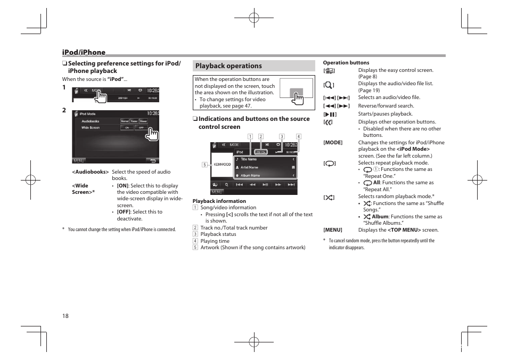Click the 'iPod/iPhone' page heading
(84, 52)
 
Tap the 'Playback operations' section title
(228, 66)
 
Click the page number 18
(65, 316)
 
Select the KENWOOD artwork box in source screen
(222, 165)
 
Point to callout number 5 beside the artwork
(203, 165)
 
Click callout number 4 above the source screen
(298, 136)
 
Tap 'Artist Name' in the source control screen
(249, 167)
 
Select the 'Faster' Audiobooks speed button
(134, 121)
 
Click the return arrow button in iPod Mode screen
(152, 160)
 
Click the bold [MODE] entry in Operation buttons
(333, 143)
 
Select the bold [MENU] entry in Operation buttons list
(333, 230)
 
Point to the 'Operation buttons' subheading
(346, 63)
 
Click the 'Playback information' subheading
(219, 201)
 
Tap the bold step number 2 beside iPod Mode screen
(64, 110)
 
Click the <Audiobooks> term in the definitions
(90, 172)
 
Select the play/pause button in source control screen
(265, 184)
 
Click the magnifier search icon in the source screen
(226, 184)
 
